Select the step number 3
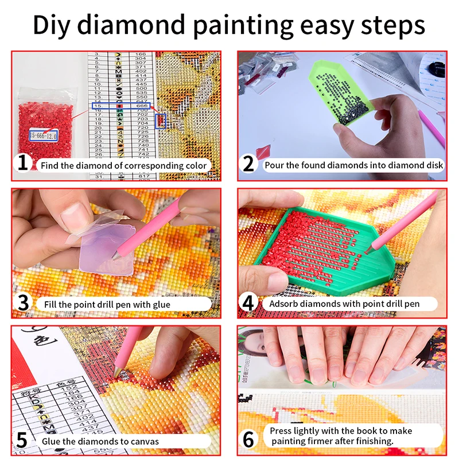pos(22,302)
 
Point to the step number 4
pos(248,302)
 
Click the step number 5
pos(22,441)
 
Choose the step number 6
pos(248,440)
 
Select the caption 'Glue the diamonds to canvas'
pos(100,441)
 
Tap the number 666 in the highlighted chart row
pos(142,106)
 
